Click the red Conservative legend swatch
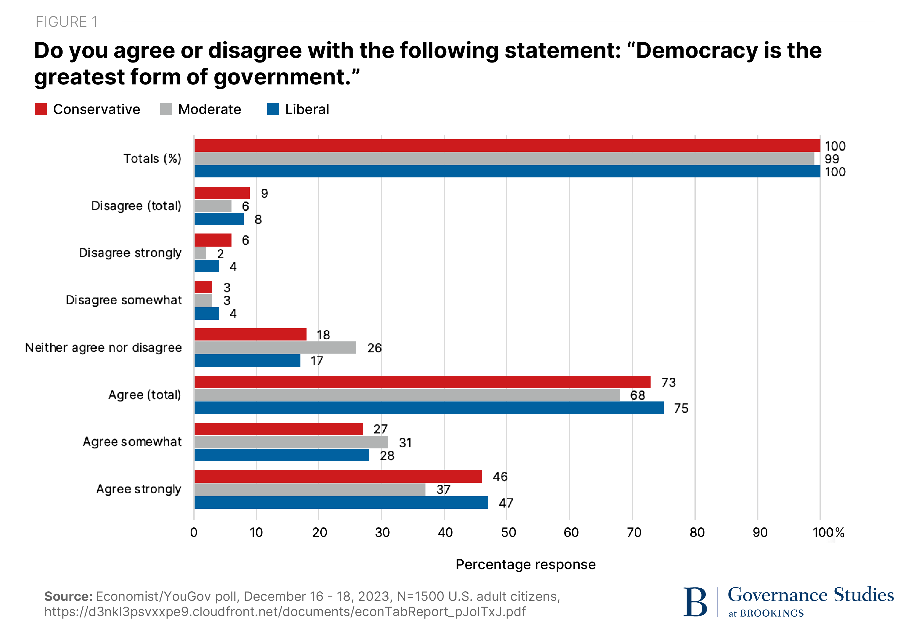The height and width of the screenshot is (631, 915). coord(41,109)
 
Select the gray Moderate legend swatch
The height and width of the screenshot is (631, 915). coord(166,109)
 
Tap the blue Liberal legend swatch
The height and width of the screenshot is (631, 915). coord(273,109)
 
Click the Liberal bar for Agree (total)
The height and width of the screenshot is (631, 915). coord(429,408)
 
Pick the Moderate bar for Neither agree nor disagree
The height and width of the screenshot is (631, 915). coord(275,348)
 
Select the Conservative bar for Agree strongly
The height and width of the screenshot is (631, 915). coord(338,476)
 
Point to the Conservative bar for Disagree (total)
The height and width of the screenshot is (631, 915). coord(222,193)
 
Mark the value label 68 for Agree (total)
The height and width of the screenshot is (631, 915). coord(637,395)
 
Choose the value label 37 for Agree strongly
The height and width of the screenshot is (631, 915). coord(443,490)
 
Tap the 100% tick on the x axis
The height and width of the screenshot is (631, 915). coord(828,533)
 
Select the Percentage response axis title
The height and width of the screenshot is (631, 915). coord(525,564)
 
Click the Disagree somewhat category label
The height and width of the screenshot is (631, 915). coord(124,300)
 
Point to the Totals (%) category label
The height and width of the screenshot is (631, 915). coord(152,159)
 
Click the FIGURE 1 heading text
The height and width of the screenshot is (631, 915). coord(66,22)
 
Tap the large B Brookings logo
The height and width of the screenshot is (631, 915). coord(695,602)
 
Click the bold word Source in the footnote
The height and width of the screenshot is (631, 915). coord(68,596)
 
